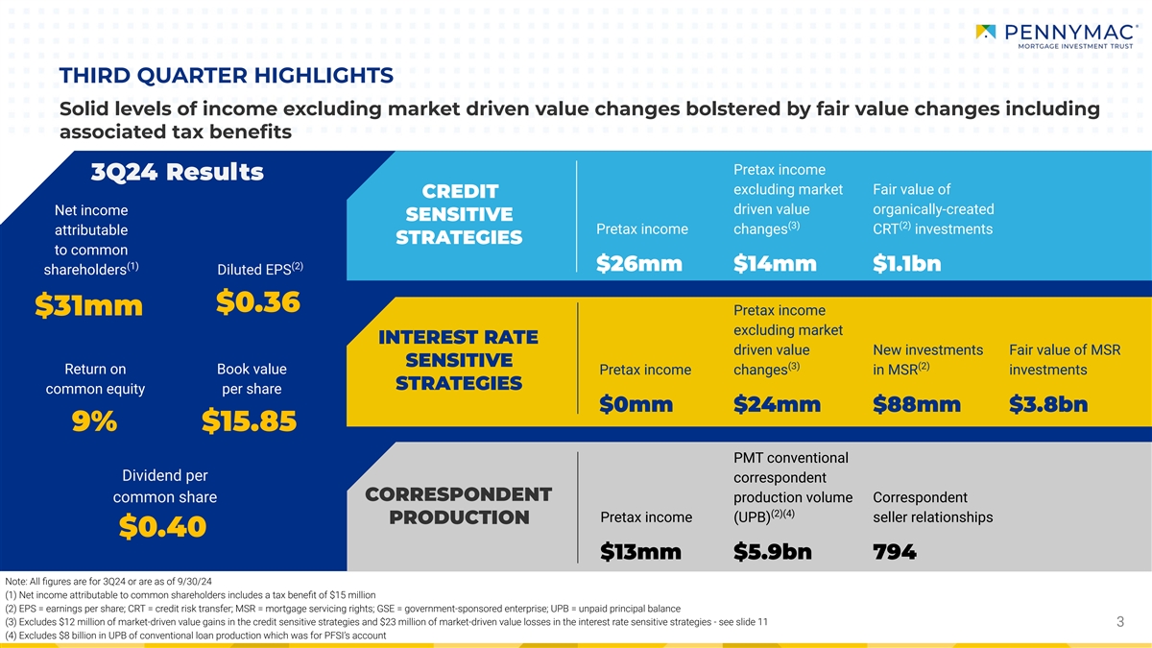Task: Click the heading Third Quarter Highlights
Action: (x=226, y=75)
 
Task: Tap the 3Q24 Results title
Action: (x=177, y=173)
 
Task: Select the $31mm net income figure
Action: (x=87, y=305)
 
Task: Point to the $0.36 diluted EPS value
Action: (x=257, y=301)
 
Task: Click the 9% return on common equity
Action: (x=95, y=421)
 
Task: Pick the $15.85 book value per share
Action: (x=249, y=421)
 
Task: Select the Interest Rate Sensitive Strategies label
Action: (x=458, y=360)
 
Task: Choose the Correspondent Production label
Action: (x=459, y=506)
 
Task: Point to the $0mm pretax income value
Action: (x=636, y=406)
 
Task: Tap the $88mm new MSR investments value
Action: (x=917, y=406)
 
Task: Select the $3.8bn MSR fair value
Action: (x=1048, y=406)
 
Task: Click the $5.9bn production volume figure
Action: (x=773, y=552)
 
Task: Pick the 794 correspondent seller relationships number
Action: (x=895, y=552)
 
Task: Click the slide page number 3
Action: (x=1119, y=623)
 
